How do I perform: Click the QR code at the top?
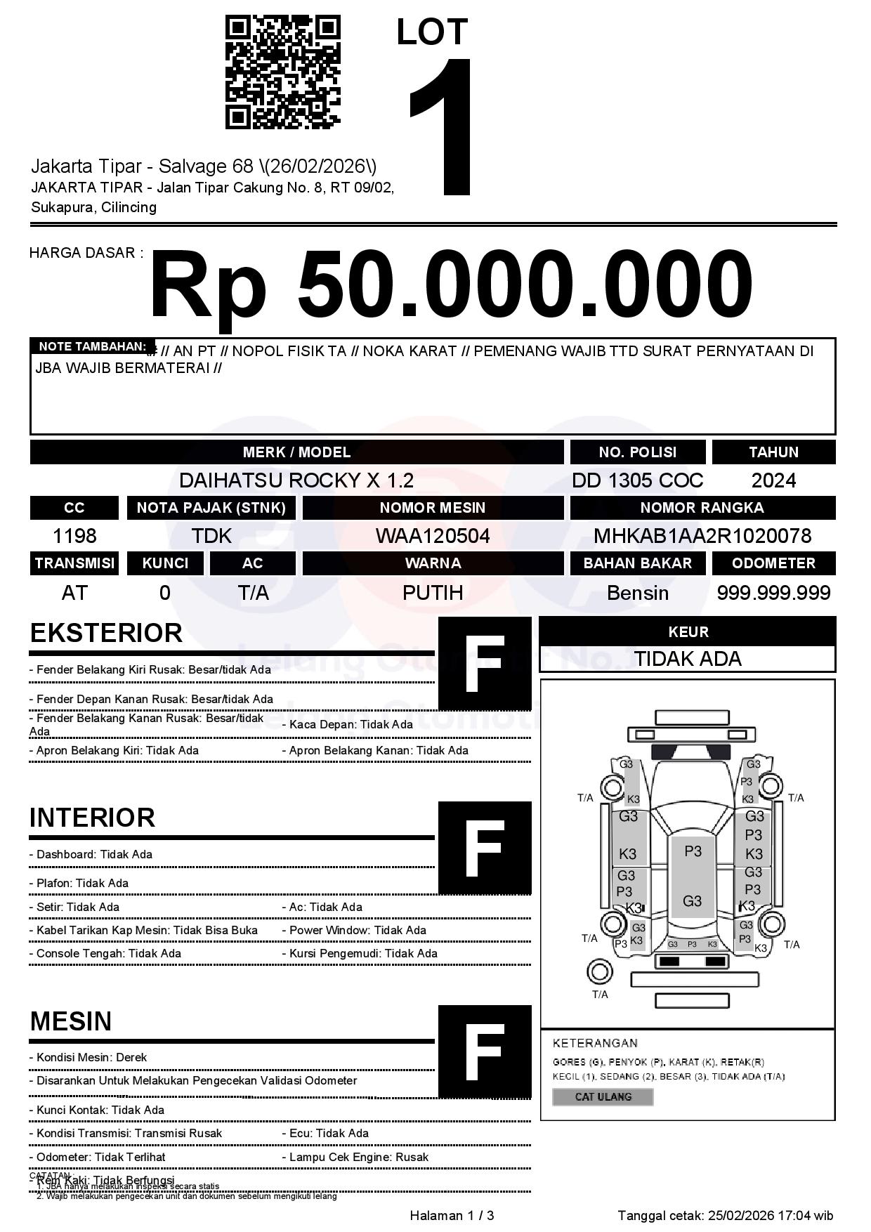coord(282,73)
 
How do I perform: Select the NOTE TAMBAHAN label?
coord(92,346)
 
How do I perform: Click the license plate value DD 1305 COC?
coord(637,480)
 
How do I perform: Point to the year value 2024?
coord(773,480)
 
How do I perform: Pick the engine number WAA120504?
coord(433,536)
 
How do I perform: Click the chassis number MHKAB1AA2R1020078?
coord(702,536)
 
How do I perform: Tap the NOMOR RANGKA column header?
coord(702,507)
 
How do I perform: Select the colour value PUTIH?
coord(433,593)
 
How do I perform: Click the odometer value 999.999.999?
coord(773,593)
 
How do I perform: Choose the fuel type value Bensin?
coord(637,593)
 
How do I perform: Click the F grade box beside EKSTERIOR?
coord(485,664)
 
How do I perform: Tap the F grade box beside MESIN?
coord(485,1051)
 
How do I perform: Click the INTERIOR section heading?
coord(92,818)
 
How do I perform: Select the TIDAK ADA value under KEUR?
coord(688,659)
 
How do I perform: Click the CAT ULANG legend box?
coord(603,1096)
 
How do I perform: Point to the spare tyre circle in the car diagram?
coord(599,972)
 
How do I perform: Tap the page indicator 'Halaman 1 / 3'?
coord(452,1215)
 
